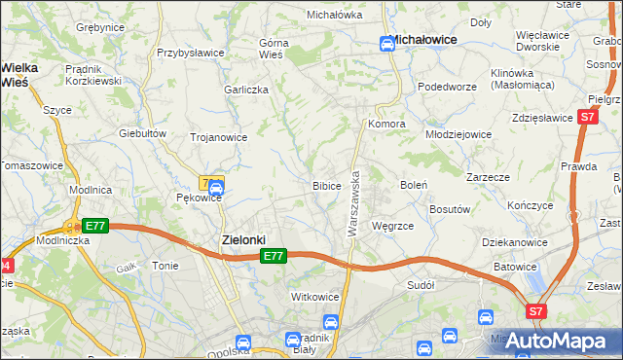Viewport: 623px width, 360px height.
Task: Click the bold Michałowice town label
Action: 424,41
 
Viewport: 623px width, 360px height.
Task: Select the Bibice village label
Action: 326,185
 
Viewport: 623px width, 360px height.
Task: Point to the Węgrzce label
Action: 393,226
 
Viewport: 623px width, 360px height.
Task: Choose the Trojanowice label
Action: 218,138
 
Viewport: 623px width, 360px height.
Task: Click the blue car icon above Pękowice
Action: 216,186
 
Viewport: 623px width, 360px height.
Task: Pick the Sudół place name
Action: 421,286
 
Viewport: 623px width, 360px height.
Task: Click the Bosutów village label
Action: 451,208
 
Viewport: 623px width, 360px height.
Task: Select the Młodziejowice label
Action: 458,134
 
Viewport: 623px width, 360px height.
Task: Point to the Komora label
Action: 385,126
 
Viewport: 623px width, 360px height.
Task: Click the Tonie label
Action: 165,266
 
